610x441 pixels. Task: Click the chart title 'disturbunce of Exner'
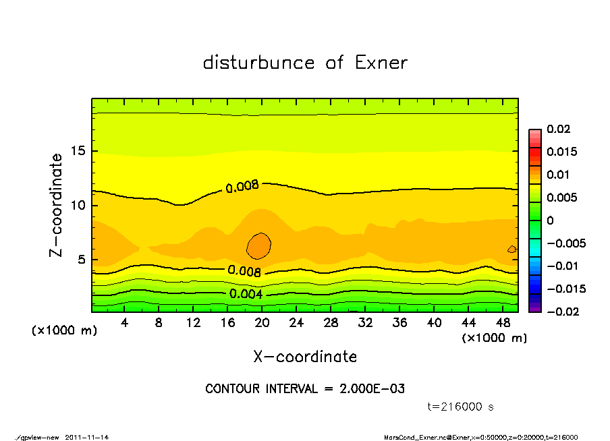pyautogui.click(x=305, y=63)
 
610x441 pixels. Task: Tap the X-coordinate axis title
pyautogui.click(x=305, y=356)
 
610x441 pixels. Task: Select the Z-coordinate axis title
pyautogui.click(x=57, y=205)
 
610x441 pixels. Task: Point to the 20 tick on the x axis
pyautogui.click(x=262, y=323)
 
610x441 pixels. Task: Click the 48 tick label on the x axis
pyautogui.click(x=503, y=323)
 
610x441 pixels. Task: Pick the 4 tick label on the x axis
pyautogui.click(x=125, y=323)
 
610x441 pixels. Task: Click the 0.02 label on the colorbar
pyautogui.click(x=557, y=129)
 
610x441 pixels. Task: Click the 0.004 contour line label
pyautogui.click(x=246, y=294)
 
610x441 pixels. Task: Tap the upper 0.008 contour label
pyautogui.click(x=242, y=186)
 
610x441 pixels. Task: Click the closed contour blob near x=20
pyautogui.click(x=259, y=246)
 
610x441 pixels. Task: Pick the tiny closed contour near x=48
pyautogui.click(x=511, y=249)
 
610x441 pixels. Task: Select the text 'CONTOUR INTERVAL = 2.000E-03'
pyautogui.click(x=305, y=389)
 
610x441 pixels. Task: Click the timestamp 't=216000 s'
pyautogui.click(x=461, y=407)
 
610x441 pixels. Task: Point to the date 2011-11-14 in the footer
pyautogui.click(x=87, y=437)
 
